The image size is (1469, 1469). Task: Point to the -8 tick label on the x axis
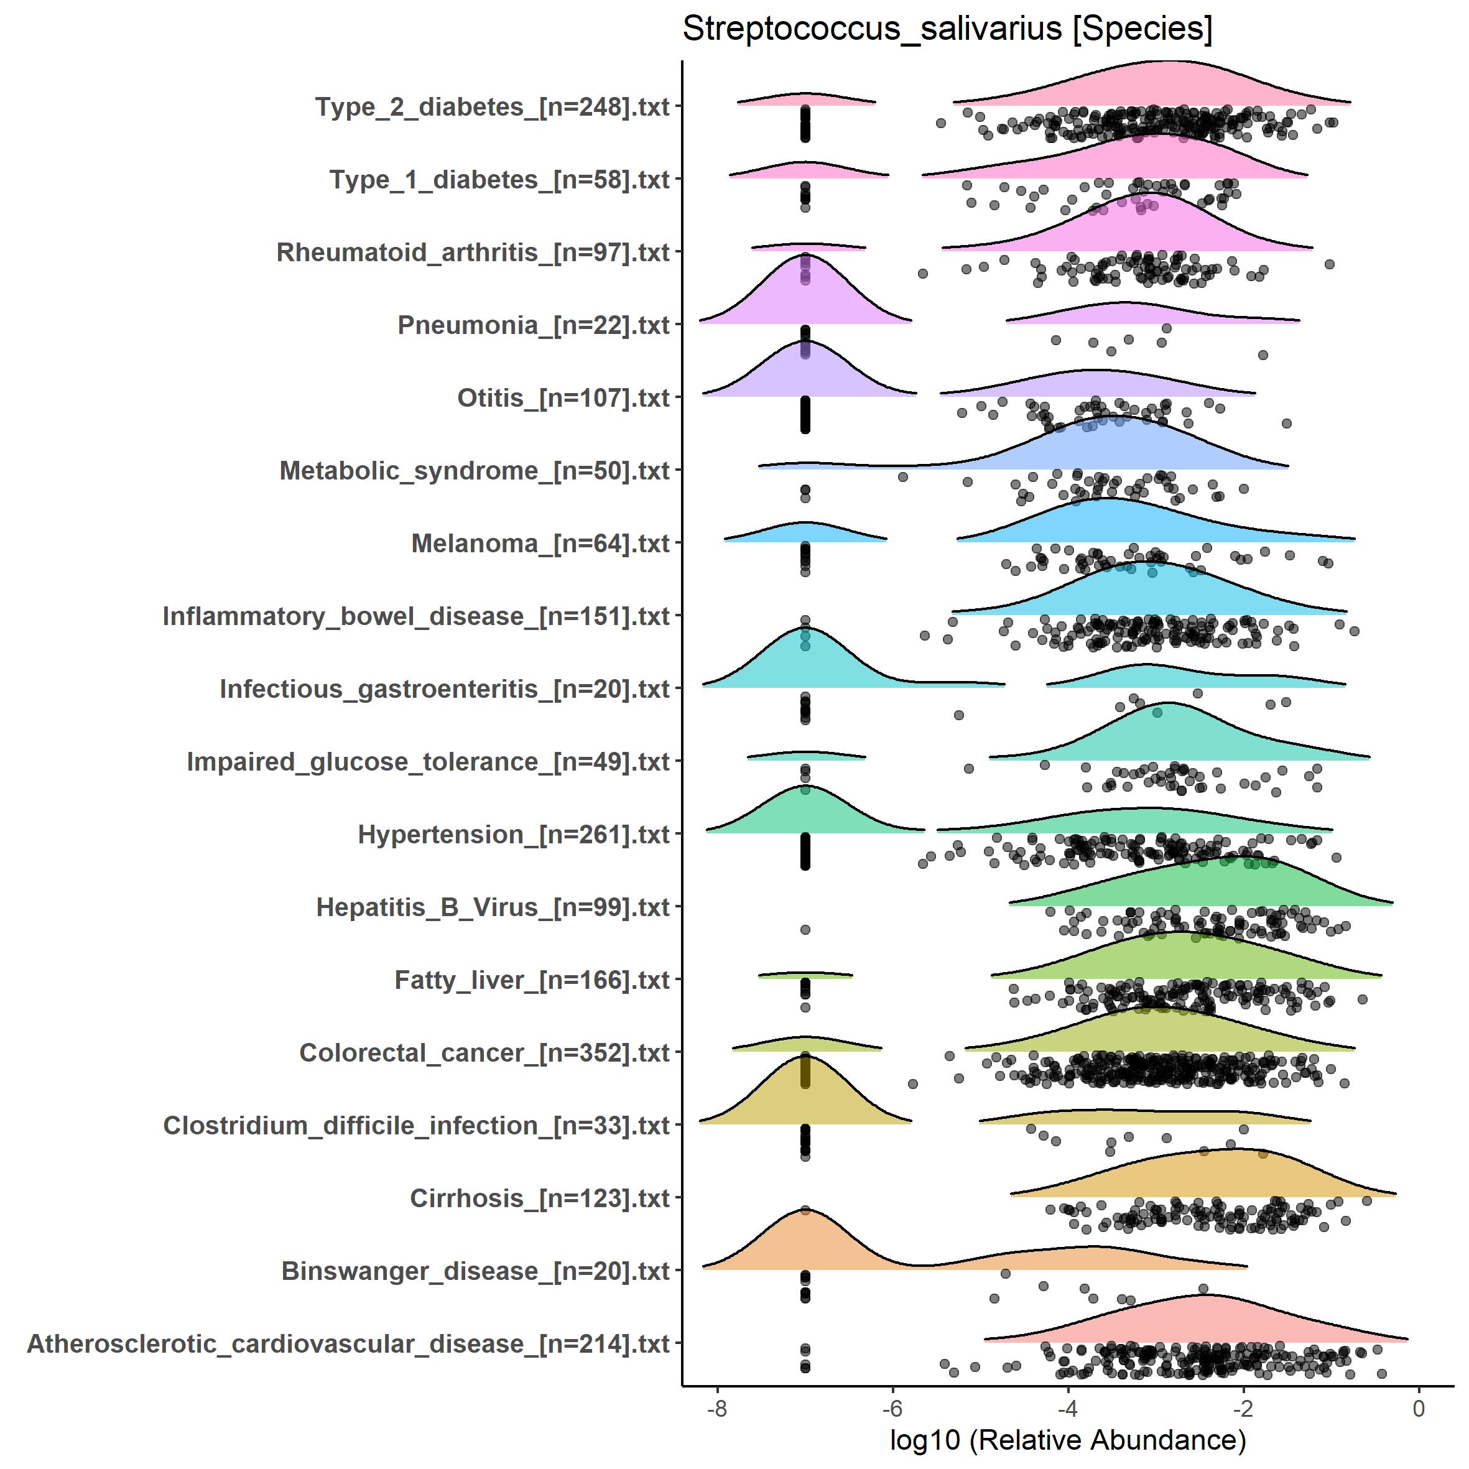(716, 1409)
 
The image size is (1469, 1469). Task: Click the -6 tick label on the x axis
(892, 1409)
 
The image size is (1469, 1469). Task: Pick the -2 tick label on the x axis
(1243, 1409)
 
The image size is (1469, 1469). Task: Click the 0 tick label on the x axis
(1418, 1409)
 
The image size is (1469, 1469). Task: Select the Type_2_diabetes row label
(492, 107)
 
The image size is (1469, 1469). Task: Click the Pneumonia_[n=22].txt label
(533, 325)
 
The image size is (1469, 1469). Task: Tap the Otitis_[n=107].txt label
(563, 399)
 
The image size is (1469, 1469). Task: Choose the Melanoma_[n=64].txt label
(540, 544)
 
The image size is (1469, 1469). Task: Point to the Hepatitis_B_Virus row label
(493, 908)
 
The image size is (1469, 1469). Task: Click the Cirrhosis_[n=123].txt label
(539, 1199)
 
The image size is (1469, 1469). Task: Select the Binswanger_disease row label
(475, 1271)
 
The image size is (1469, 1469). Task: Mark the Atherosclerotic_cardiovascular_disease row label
(348, 1344)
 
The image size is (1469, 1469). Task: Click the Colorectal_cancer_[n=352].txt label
(484, 1053)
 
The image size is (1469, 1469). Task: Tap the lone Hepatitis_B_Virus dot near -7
(805, 930)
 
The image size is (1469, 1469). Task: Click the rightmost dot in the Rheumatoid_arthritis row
(1329, 264)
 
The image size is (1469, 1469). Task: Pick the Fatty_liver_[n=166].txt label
(532, 981)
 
